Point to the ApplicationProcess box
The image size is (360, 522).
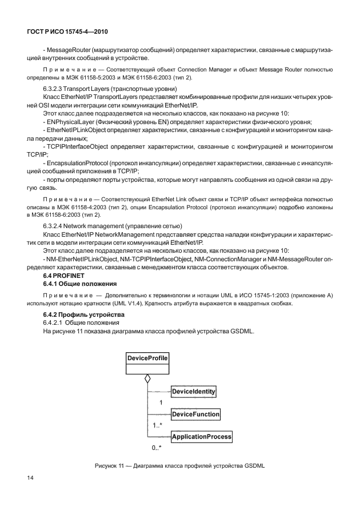point(202,436)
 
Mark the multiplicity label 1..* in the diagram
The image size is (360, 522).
point(158,425)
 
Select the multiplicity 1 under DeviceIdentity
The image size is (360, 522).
point(161,403)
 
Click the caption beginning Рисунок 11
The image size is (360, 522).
point(179,466)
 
